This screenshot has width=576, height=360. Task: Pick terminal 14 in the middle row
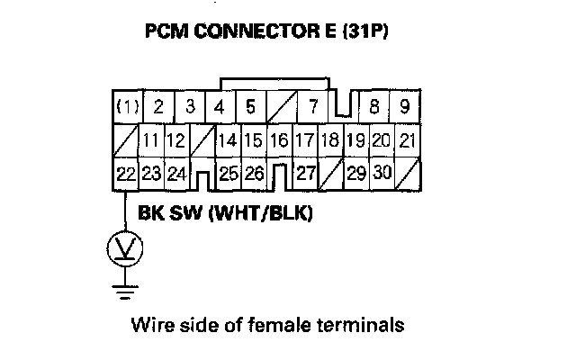pyautogui.click(x=227, y=141)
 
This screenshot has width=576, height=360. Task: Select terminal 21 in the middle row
pyautogui.click(x=408, y=141)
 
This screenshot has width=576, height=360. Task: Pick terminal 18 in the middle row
pyautogui.click(x=330, y=141)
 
